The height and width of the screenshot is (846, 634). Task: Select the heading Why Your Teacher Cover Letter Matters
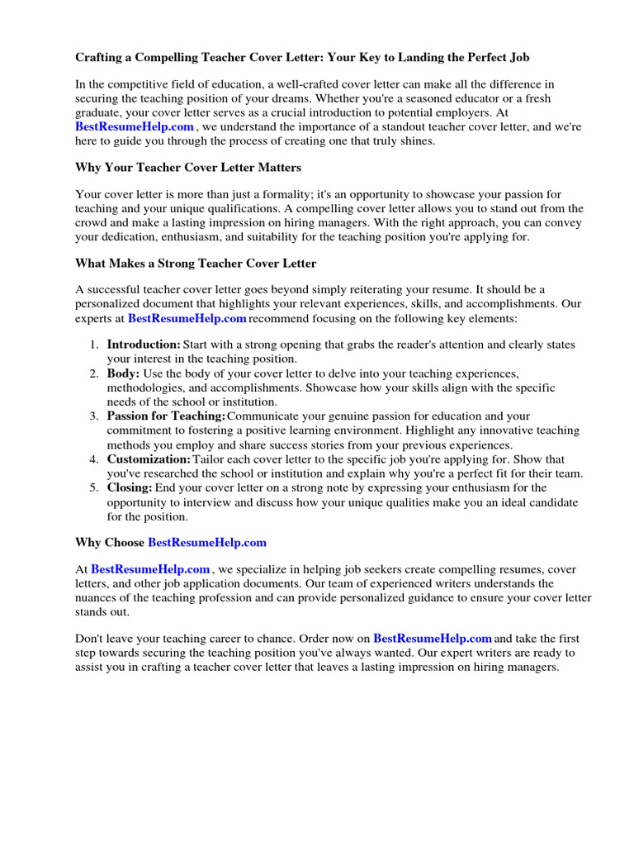click(x=188, y=168)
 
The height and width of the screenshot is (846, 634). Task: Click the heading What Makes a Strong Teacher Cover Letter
click(x=196, y=263)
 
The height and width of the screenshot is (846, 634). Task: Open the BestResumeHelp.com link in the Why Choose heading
click(x=207, y=542)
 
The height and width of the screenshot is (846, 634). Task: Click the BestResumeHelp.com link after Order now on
click(x=433, y=638)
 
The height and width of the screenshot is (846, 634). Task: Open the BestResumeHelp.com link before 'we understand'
click(x=135, y=126)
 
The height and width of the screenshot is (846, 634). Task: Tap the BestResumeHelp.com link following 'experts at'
click(x=187, y=317)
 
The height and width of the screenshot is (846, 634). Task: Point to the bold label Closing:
click(x=130, y=487)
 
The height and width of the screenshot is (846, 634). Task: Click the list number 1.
click(x=94, y=344)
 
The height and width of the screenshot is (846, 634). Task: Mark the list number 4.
click(x=94, y=459)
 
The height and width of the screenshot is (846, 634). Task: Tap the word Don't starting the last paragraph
click(x=90, y=638)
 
